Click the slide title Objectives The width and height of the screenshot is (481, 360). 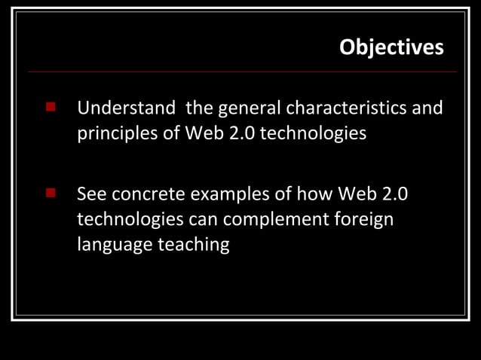(x=391, y=47)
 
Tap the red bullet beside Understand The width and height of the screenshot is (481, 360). (x=51, y=107)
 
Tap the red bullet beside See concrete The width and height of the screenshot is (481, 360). (x=51, y=194)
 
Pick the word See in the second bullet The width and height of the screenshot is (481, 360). (x=91, y=194)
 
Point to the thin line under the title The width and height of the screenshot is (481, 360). (x=241, y=72)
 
